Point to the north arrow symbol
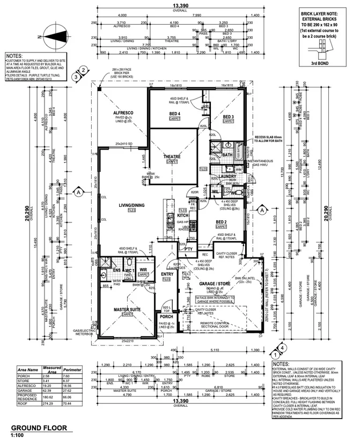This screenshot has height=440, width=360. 49,36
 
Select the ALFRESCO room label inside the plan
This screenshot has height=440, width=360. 123,113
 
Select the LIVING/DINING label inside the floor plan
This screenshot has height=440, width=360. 131,205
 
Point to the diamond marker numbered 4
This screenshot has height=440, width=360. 275,354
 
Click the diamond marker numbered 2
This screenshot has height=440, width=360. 83,70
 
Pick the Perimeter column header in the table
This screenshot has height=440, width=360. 72,369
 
